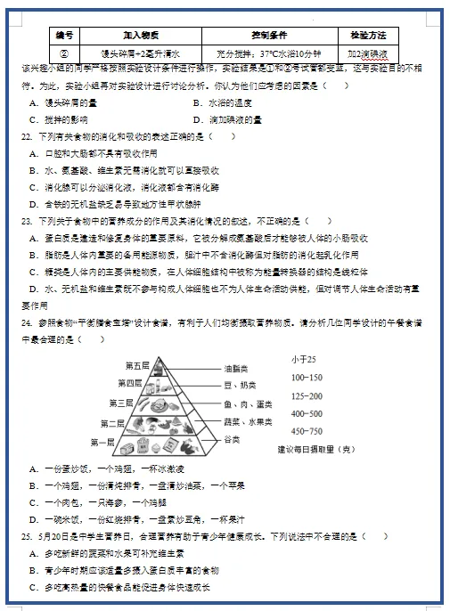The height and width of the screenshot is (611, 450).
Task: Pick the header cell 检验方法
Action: point(368,36)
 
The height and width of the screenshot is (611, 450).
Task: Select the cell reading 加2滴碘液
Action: point(368,53)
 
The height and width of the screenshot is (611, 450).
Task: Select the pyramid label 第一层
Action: point(102,441)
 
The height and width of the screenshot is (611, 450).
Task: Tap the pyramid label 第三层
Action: point(120,403)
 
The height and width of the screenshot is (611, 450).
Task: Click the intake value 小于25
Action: point(304,359)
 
